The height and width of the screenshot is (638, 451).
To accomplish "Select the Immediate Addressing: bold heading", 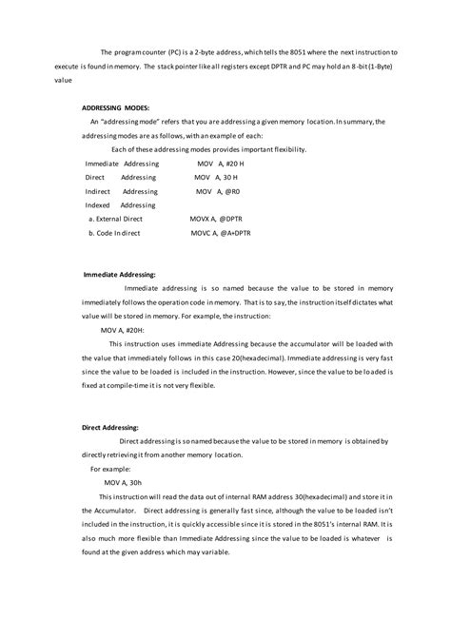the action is [x=120, y=274].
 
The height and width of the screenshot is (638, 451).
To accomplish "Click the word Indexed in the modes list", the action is [x=98, y=204].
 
